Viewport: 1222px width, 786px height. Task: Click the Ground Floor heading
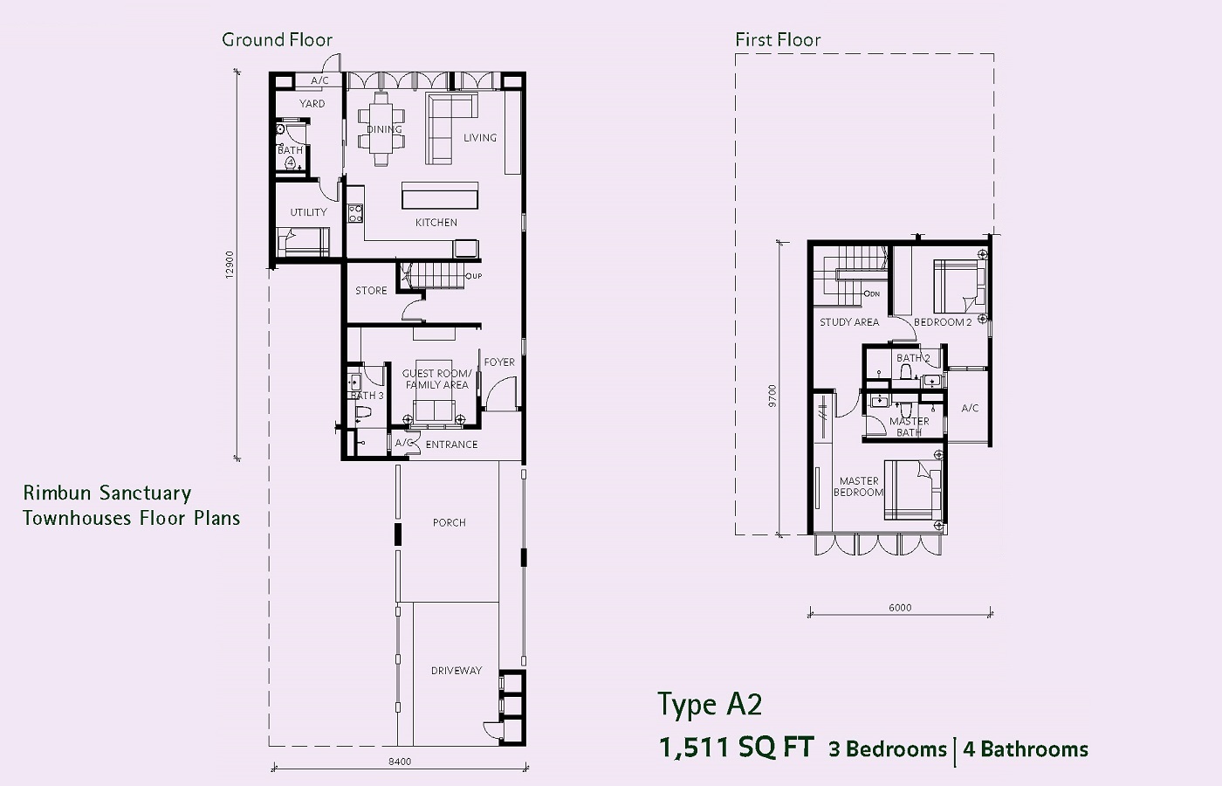point(278,40)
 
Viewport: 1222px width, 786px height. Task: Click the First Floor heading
point(778,40)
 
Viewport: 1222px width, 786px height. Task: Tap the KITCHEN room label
point(436,223)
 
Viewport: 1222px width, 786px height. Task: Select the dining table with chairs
point(382,129)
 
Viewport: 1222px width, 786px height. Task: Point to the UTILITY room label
point(308,212)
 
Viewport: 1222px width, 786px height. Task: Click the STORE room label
point(371,291)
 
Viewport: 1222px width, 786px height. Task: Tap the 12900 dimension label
point(229,265)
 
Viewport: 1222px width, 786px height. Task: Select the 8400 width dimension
point(400,762)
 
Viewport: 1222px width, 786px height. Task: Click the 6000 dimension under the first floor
point(900,608)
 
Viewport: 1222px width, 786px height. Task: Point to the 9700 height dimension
point(772,396)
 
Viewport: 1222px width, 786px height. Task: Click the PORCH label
point(449,523)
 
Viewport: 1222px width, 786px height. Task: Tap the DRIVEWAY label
point(456,671)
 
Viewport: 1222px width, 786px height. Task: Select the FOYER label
point(499,362)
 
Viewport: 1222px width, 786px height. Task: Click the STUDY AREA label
point(849,322)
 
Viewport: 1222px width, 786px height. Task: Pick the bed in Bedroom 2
point(960,286)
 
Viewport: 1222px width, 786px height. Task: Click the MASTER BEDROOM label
point(859,487)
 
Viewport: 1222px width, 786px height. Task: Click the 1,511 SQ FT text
point(737,748)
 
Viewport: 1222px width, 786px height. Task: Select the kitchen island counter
point(440,196)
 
